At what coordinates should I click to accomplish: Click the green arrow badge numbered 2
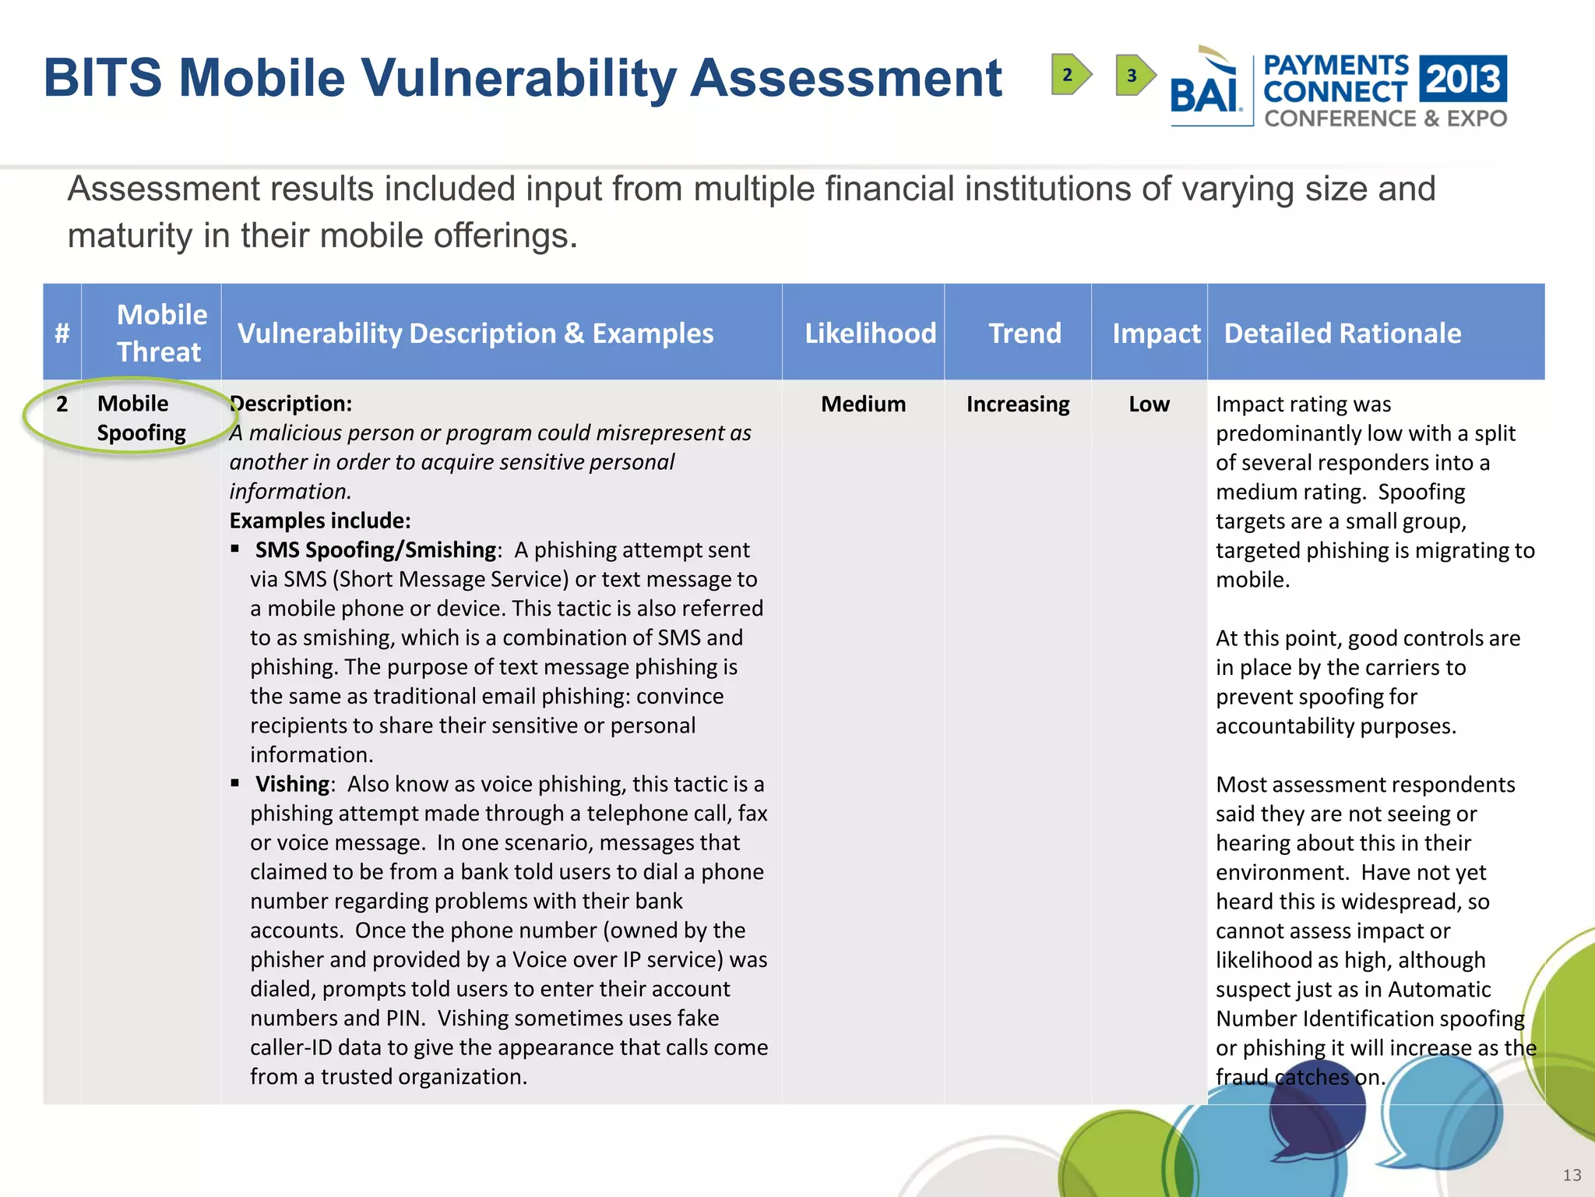1070,75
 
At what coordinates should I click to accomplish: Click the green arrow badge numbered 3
1134,75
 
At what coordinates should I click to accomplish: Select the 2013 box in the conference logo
1463,78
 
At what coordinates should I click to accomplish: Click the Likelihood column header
870,334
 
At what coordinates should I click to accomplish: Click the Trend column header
1025,334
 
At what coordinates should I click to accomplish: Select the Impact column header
1156,334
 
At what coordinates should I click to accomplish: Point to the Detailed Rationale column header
1342,334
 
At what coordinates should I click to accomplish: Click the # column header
62,334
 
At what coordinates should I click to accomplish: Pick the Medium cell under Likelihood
863,404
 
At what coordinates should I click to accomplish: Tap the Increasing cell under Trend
1017,404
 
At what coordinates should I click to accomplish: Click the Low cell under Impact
1149,404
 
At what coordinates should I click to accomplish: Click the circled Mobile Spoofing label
141,418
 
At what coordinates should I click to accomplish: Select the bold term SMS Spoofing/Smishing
375,550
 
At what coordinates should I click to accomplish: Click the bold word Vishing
292,784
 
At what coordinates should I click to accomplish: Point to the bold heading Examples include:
319,521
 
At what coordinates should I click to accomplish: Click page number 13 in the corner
1572,1175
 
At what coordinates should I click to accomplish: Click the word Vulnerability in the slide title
517,78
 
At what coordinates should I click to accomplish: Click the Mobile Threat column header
161,334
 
